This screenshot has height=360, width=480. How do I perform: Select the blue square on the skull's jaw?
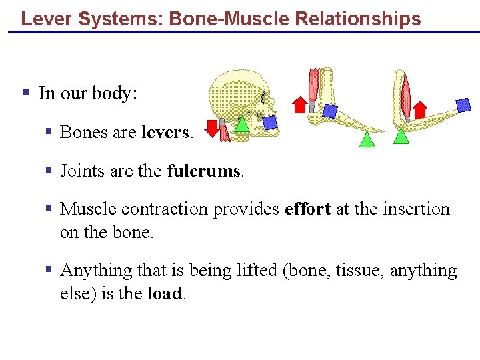coord(270,122)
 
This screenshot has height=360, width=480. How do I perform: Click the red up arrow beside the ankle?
coord(299,103)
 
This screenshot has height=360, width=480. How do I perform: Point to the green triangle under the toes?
coord(367,139)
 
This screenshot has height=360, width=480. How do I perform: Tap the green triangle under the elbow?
coord(401,135)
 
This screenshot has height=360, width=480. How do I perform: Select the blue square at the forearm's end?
coord(463,104)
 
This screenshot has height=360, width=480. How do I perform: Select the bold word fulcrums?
coord(205,171)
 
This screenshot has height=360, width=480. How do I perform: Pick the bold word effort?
coord(307,209)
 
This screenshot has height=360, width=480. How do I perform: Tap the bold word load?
coord(164,294)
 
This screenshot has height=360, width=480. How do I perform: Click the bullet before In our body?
coord(25,92)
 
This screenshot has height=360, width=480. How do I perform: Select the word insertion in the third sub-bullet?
coord(415,209)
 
